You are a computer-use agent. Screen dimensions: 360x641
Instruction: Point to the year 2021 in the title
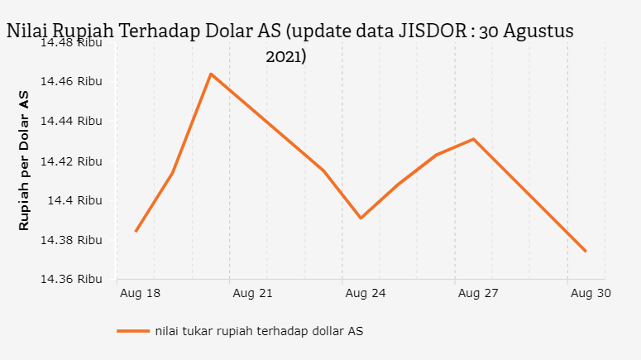[x=285, y=57]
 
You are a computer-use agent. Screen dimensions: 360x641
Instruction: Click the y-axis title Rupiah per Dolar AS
[x=24, y=161]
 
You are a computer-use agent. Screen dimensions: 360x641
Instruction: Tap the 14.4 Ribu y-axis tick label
[x=74, y=200]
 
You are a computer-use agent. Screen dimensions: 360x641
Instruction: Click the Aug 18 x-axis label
[x=140, y=293]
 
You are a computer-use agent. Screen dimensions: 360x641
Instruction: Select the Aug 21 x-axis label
[x=253, y=293]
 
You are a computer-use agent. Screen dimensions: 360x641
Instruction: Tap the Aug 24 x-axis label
[x=366, y=293]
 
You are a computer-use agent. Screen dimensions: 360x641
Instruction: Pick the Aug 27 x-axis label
[x=478, y=293]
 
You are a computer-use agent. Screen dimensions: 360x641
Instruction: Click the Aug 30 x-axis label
[x=591, y=293]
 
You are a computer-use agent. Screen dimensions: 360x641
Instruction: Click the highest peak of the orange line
[x=211, y=74]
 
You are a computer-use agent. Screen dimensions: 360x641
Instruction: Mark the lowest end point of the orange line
[x=586, y=251]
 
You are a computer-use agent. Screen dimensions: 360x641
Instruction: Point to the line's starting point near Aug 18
[x=136, y=231]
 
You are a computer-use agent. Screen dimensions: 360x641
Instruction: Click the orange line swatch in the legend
[x=132, y=331]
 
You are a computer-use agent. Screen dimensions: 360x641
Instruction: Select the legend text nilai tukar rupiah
[x=258, y=331]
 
